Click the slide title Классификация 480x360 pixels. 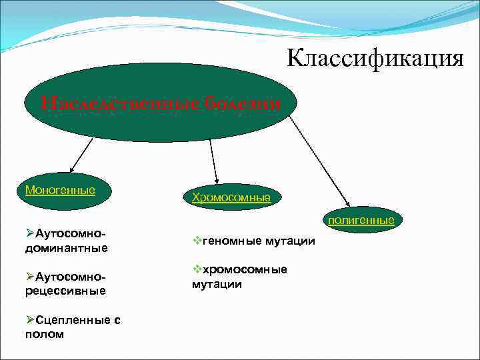pyautogui.click(x=375, y=59)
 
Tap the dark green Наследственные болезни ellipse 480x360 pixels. pyautogui.click(x=160, y=103)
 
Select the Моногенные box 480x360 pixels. pyautogui.click(x=60, y=190)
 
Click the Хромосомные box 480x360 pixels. pyautogui.click(x=231, y=197)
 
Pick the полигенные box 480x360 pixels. pyautogui.click(x=361, y=219)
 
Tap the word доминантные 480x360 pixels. pyautogui.click(x=66, y=248)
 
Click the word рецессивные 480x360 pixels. pyautogui.click(x=65, y=291)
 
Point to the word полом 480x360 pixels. pyautogui.click(x=44, y=334)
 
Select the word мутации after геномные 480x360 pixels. pyautogui.click(x=291, y=241)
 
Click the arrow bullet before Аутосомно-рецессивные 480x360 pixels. pyautogui.click(x=30, y=276)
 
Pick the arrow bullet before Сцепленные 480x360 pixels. pyautogui.click(x=30, y=319)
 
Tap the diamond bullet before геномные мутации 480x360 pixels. pyautogui.click(x=197, y=240)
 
